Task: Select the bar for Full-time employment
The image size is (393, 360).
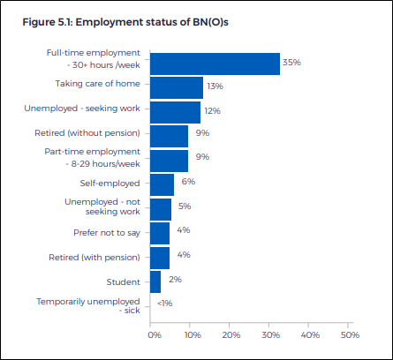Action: tap(215, 64)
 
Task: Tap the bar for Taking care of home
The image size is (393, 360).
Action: tap(177, 87)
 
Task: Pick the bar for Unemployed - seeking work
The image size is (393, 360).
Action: tap(175, 112)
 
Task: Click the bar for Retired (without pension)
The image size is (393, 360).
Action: tap(169, 136)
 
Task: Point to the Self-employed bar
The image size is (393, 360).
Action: tap(162, 184)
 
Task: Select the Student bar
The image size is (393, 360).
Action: tap(155, 282)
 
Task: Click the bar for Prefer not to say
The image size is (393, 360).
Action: tap(160, 233)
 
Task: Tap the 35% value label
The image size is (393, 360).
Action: tap(291, 63)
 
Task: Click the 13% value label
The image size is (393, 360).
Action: tap(215, 86)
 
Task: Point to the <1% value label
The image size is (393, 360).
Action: tap(165, 304)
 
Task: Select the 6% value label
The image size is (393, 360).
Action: tap(188, 182)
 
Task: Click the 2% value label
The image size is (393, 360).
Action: tap(175, 279)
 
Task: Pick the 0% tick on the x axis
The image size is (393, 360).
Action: tap(155, 335)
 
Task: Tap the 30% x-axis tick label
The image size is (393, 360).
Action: tap(271, 335)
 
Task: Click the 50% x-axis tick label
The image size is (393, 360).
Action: tap(350, 335)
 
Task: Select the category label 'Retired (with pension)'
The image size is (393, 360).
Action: tap(94, 258)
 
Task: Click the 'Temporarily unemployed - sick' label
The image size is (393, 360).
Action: tap(88, 306)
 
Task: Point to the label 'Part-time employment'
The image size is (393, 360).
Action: tap(92, 152)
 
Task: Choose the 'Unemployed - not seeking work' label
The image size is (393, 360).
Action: tap(102, 206)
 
